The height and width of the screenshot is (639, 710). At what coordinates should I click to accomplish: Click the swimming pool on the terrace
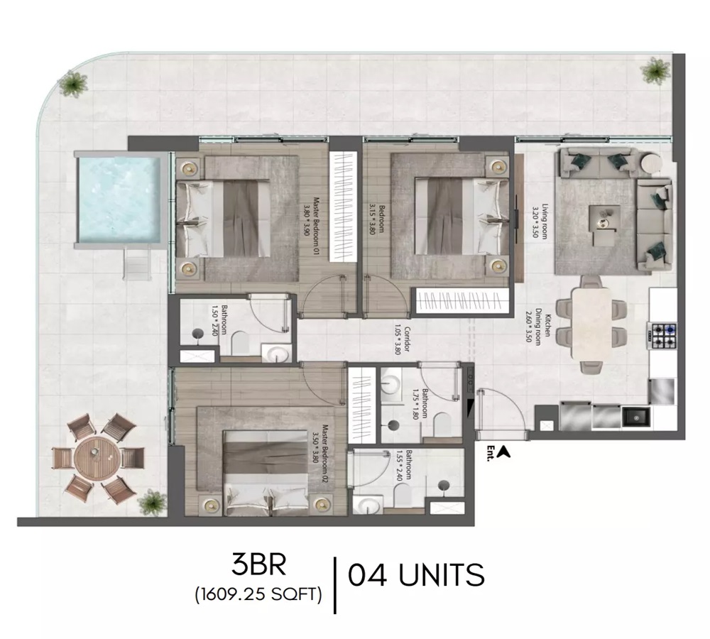119,199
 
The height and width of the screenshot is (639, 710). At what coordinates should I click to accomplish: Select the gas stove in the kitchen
660,334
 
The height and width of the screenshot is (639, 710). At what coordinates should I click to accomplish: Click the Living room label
541,222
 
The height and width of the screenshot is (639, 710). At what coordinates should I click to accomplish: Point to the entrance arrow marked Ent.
504,450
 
